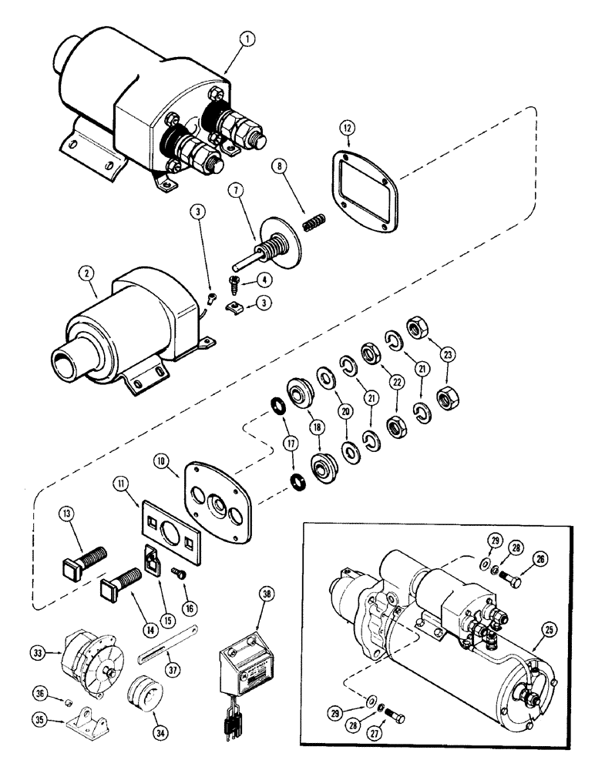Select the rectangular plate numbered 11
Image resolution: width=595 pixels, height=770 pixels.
pos(166,521)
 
